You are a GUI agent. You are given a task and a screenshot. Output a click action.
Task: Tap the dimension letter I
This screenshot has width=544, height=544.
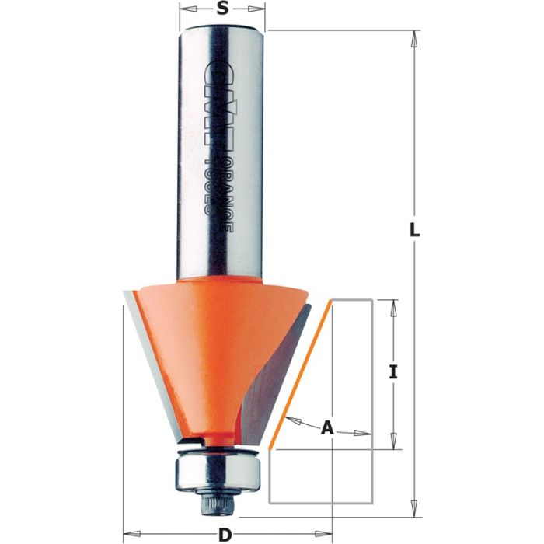[394, 373]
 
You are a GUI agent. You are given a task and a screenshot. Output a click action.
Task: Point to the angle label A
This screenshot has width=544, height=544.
[328, 427]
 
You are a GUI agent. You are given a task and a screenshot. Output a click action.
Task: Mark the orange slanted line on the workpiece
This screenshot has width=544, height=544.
[302, 373]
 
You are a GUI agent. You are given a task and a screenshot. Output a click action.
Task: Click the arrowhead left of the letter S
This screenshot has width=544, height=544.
[187, 10]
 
